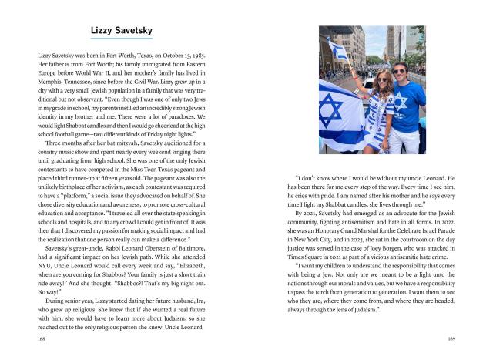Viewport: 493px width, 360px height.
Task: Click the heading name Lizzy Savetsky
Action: (x=121, y=30)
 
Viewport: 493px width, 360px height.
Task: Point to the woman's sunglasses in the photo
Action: (x=383, y=81)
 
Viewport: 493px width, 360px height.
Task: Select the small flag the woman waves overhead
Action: (x=338, y=49)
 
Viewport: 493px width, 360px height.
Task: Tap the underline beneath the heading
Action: (x=121, y=39)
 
